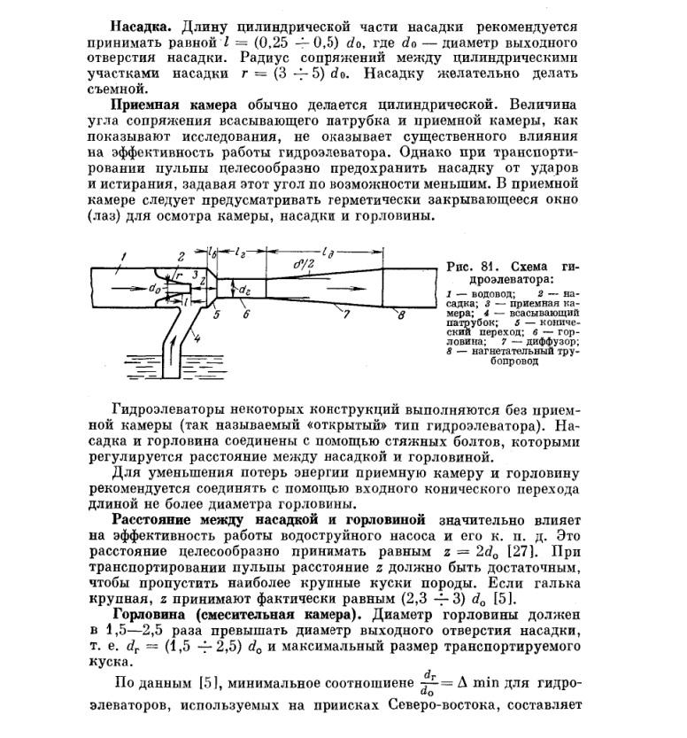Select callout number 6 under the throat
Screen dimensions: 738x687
247,313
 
